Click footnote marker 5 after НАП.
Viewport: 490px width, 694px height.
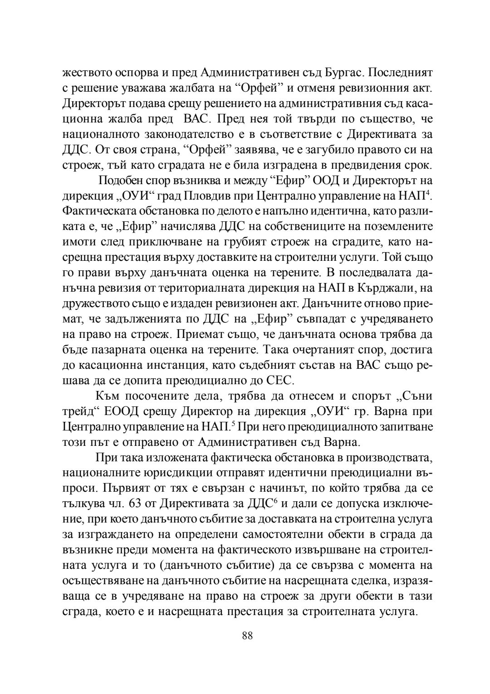pos(233,424)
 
